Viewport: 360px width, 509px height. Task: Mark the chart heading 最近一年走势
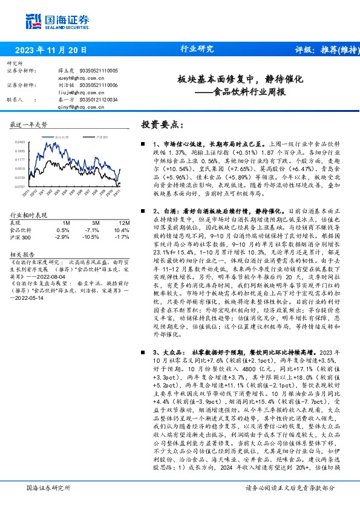tap(28, 125)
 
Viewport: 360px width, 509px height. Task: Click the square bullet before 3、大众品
tap(140, 352)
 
